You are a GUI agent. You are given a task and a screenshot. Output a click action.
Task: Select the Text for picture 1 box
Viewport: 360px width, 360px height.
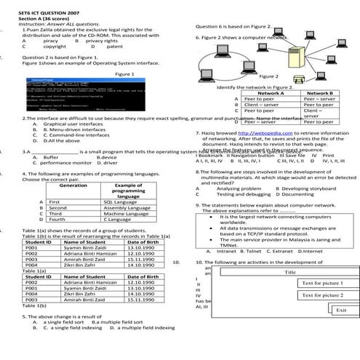[322, 283]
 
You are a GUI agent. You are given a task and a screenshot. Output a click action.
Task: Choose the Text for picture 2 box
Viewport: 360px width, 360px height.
[322, 296]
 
